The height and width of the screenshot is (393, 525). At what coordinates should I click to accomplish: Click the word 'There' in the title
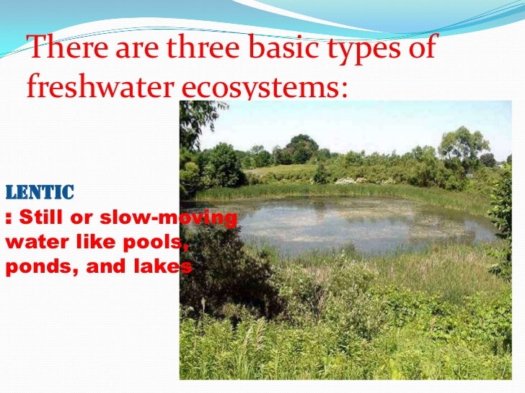tap(62, 49)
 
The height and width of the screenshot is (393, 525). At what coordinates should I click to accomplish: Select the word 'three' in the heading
tap(204, 49)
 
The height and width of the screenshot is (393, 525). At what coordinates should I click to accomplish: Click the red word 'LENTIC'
tap(40, 192)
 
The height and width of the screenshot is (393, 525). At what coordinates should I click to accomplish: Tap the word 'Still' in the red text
tap(39, 217)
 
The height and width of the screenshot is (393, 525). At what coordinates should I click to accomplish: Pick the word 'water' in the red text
tap(32, 242)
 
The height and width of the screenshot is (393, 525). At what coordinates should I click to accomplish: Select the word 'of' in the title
tap(423, 49)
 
